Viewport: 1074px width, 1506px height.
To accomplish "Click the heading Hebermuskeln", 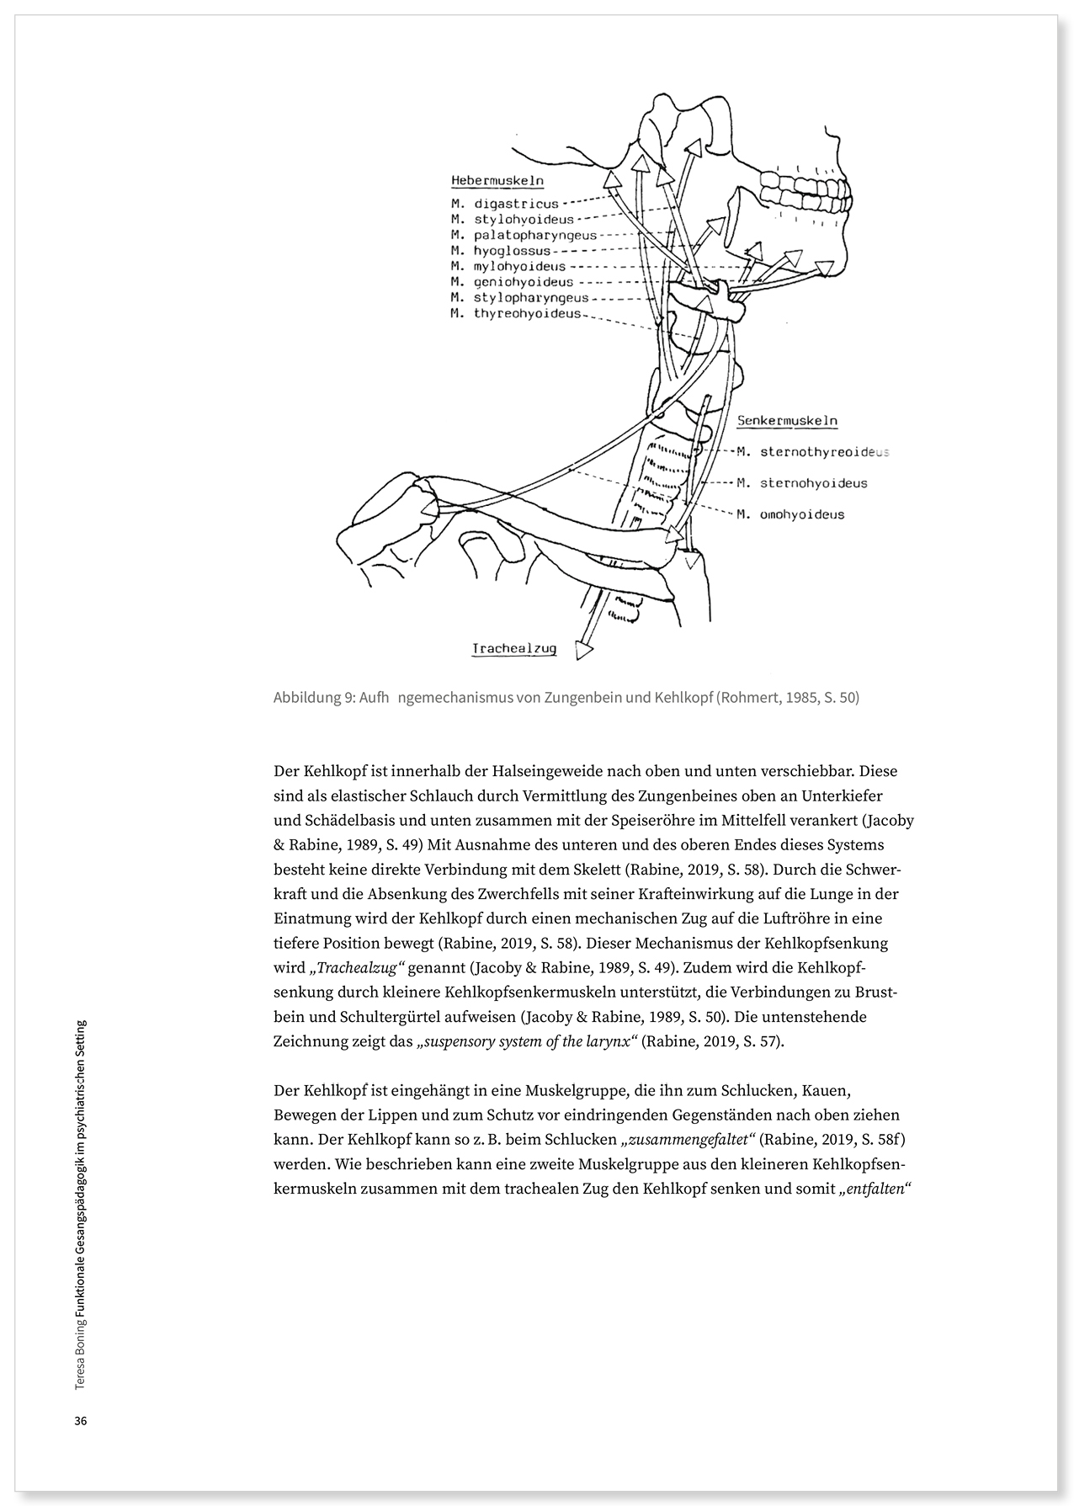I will click(497, 181).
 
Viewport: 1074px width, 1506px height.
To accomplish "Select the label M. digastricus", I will click(504, 204).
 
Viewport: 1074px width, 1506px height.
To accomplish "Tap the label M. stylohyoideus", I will click(512, 220).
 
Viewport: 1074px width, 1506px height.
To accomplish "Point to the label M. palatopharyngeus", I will click(524, 235).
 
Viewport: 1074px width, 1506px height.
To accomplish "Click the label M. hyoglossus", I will click(500, 251).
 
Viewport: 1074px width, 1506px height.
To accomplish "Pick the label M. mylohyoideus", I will click(508, 266).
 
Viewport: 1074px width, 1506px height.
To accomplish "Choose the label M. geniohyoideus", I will click(512, 282).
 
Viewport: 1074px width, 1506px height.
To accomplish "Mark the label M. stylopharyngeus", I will click(519, 298).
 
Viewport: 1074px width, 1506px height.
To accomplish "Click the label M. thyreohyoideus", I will click(516, 313).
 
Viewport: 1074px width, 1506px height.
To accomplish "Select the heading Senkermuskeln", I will click(787, 420).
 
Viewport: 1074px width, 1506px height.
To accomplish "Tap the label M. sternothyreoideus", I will click(812, 452).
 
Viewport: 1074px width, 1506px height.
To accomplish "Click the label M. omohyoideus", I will click(790, 514).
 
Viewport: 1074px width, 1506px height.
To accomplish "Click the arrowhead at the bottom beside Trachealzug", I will click(582, 650).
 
